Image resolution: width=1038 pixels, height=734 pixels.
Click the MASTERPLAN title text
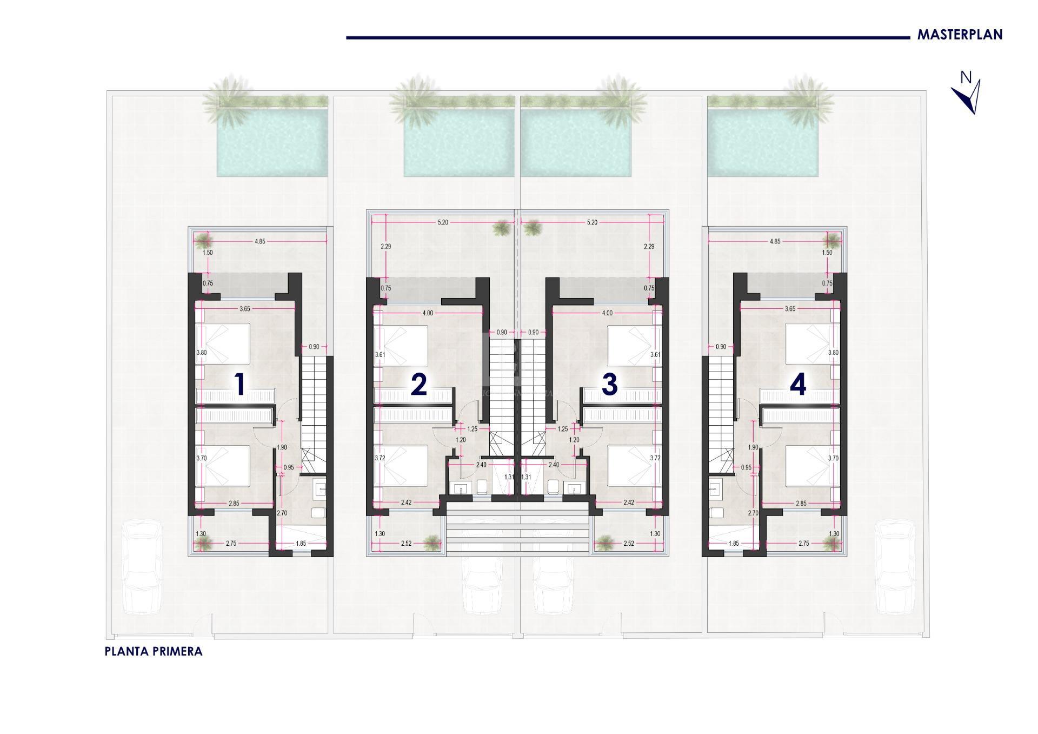tap(960, 35)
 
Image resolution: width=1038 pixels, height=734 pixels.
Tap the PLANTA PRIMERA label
tap(154, 651)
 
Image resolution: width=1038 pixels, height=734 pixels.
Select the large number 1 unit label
tap(239, 385)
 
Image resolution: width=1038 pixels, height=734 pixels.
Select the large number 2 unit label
tap(419, 385)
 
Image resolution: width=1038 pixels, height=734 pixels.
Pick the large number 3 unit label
tap(609, 385)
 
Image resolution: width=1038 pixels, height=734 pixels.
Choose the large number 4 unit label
tap(798, 385)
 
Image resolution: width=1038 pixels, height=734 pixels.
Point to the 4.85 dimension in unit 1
tap(260, 241)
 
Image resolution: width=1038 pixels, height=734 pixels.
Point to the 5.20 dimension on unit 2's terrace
tap(442, 222)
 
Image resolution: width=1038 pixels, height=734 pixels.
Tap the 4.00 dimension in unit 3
tap(607, 313)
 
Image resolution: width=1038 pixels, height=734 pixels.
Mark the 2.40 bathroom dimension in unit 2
tap(481, 465)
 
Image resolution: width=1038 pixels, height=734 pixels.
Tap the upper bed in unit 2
tap(401, 345)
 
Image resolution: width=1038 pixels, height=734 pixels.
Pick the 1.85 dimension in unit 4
tap(733, 544)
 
